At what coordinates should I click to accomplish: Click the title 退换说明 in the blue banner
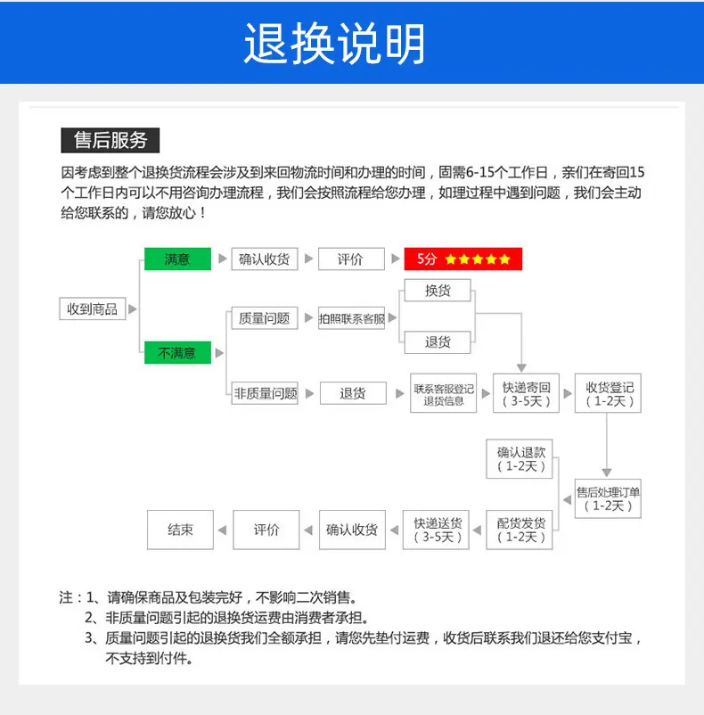(335, 44)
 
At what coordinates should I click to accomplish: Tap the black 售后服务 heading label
(111, 140)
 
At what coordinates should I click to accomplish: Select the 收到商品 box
(93, 308)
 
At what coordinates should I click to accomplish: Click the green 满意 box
(177, 259)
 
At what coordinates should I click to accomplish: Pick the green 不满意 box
(177, 352)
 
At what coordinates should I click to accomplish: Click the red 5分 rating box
(463, 259)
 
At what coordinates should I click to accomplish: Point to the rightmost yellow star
(505, 259)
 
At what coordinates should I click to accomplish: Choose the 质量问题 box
(265, 318)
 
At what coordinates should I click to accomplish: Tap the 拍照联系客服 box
(351, 318)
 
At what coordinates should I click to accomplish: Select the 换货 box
(438, 291)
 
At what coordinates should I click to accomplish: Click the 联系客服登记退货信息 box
(444, 393)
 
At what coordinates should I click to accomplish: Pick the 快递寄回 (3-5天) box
(527, 393)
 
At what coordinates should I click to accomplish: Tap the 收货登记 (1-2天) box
(609, 393)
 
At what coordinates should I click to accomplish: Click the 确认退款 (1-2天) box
(520, 459)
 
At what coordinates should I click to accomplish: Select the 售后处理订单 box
(609, 498)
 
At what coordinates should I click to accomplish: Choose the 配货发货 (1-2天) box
(520, 530)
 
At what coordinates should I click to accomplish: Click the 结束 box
(180, 530)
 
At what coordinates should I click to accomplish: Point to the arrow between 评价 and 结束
(223, 530)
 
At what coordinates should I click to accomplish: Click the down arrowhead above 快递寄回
(521, 368)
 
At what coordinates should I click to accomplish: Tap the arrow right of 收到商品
(133, 308)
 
